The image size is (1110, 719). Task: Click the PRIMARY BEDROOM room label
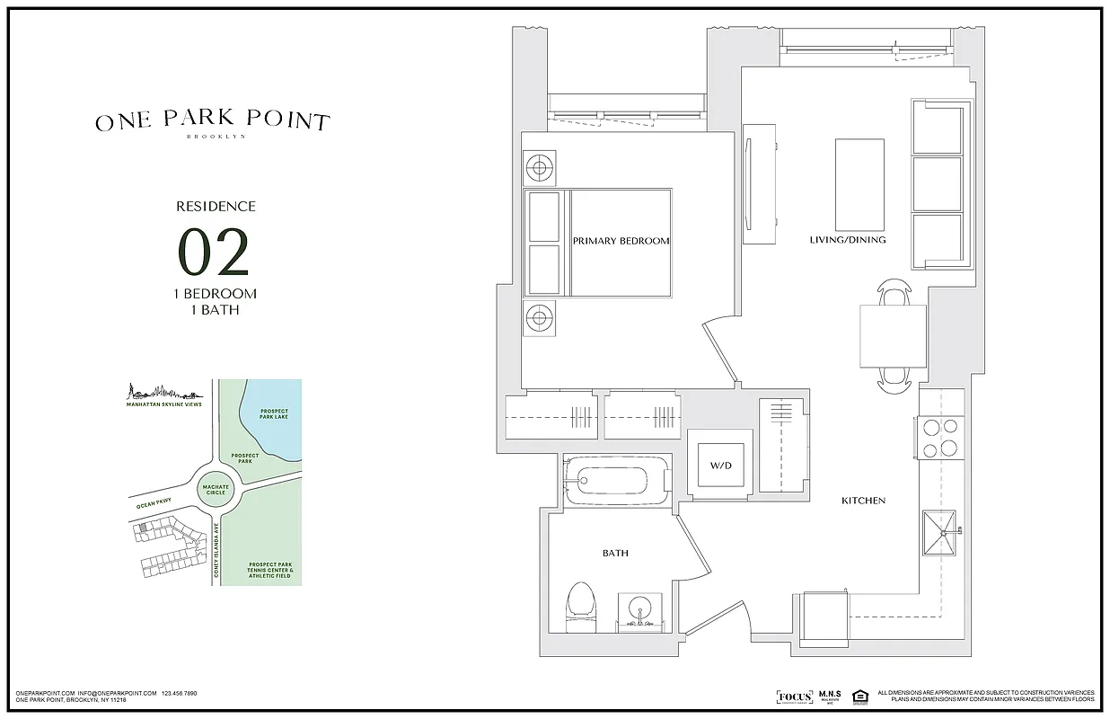tap(621, 241)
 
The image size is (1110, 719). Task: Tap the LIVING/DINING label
tap(848, 240)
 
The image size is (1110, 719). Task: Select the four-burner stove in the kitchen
tap(939, 439)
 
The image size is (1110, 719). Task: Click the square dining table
tap(892, 335)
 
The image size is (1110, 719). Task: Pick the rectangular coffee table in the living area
tap(859, 184)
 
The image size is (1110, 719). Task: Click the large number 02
tap(213, 253)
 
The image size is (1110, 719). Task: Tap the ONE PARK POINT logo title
tap(213, 121)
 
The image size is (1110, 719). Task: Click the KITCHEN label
tap(863, 501)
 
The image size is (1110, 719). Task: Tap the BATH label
tap(615, 554)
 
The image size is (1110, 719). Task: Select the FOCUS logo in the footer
tap(794, 697)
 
